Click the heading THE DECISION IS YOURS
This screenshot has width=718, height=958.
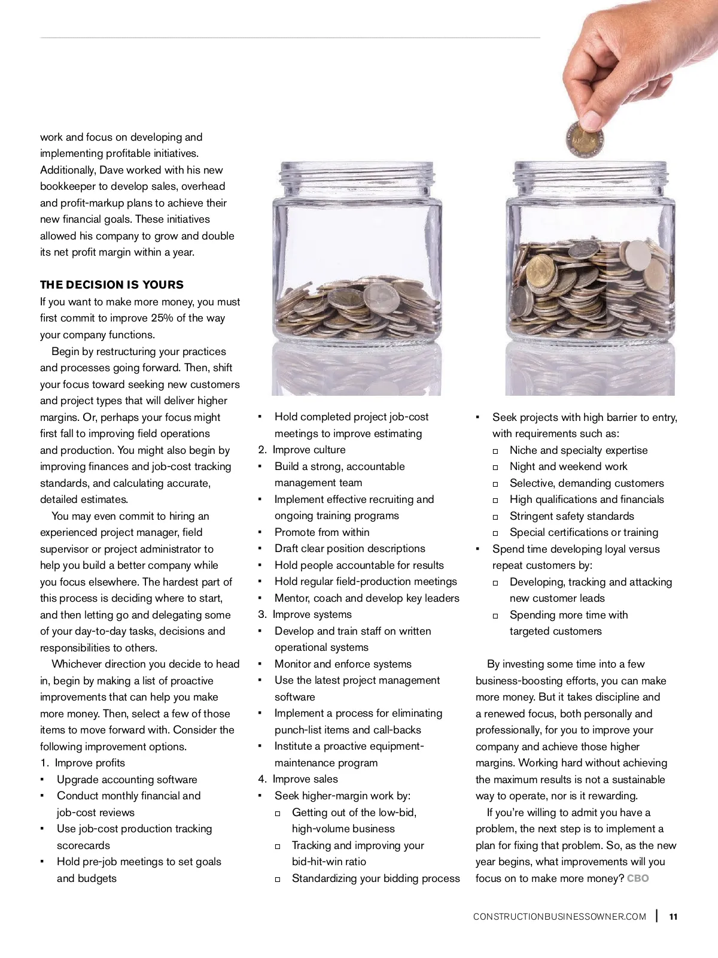[x=112, y=285]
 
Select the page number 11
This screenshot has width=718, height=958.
[x=674, y=917]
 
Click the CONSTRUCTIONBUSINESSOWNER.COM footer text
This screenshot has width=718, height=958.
[x=559, y=917]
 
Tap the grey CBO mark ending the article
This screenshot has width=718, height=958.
[x=638, y=878]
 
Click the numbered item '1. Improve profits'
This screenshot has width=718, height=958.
[x=83, y=763]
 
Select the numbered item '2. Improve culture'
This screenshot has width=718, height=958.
[x=302, y=450]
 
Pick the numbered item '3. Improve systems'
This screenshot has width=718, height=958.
[x=305, y=614]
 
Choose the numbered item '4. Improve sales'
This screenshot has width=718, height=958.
[x=298, y=779]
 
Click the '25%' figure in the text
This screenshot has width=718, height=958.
[x=163, y=318]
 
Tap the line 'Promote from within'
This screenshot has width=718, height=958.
[x=322, y=532]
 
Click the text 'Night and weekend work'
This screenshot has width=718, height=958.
[x=568, y=466]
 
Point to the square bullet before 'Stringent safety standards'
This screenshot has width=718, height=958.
[x=495, y=517]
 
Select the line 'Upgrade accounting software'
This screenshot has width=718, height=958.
[x=127, y=780]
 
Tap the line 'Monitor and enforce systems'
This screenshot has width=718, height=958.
[x=343, y=664]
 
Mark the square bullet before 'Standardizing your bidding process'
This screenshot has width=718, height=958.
[x=278, y=880]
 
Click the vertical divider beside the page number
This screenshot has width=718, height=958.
[x=658, y=916]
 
